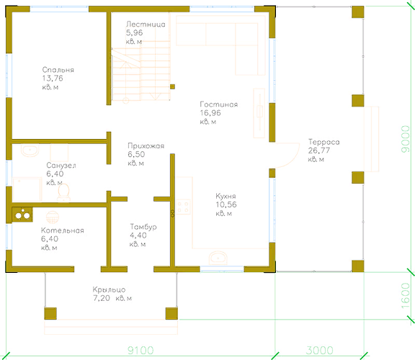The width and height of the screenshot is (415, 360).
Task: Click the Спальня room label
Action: click(x=58, y=70)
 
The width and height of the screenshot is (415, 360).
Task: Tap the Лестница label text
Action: click(x=146, y=24)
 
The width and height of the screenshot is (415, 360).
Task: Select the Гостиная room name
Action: click(x=218, y=104)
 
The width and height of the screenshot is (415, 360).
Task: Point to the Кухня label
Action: click(x=226, y=197)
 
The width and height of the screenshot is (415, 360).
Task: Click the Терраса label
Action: click(x=323, y=142)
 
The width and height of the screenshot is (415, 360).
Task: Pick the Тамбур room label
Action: click(x=143, y=227)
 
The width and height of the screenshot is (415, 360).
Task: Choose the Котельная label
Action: click(x=62, y=230)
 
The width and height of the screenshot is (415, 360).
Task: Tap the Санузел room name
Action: click(x=61, y=166)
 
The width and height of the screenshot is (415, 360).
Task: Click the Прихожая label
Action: click(x=146, y=146)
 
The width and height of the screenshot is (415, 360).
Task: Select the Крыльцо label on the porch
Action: click(x=109, y=289)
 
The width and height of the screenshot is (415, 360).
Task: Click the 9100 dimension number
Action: click(x=140, y=351)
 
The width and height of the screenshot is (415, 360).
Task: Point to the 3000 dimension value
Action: click(x=319, y=351)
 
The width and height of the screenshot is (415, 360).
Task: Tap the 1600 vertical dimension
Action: click(x=405, y=296)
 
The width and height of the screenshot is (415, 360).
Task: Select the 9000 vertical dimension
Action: click(x=405, y=139)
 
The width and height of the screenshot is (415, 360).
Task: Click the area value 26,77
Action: click(x=319, y=150)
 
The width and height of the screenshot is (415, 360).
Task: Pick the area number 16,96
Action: click(x=210, y=113)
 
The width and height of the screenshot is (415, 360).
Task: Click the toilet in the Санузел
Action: click(x=63, y=192)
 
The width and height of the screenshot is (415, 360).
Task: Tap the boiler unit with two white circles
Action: click(x=22, y=215)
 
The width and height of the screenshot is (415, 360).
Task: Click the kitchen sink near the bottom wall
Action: click(x=218, y=258)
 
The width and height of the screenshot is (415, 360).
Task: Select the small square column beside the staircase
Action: click(x=172, y=86)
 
